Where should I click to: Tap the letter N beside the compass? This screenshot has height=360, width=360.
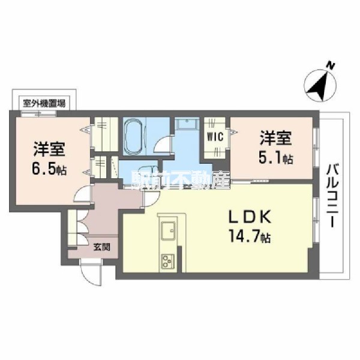point(331,65)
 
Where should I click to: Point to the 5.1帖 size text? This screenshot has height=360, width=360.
point(277,158)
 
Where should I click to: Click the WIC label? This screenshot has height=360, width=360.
point(215,137)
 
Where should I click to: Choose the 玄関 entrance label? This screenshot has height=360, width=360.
point(101,246)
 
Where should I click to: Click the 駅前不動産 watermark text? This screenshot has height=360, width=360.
point(181,179)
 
